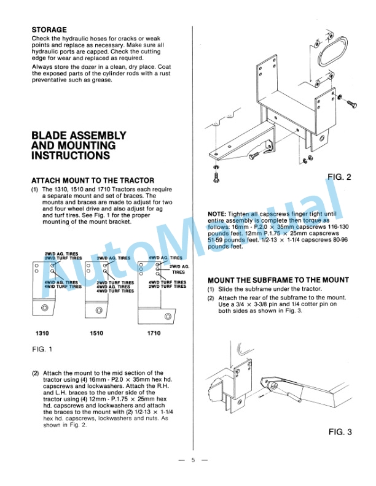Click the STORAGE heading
click(49, 29)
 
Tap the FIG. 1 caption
click(42, 350)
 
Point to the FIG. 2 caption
click(339, 177)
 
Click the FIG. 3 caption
click(339, 432)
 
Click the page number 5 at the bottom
click(192, 459)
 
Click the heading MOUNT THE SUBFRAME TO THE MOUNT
click(278, 280)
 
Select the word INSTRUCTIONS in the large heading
click(71, 156)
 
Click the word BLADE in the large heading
click(49, 135)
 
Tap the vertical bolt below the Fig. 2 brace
click(216, 176)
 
